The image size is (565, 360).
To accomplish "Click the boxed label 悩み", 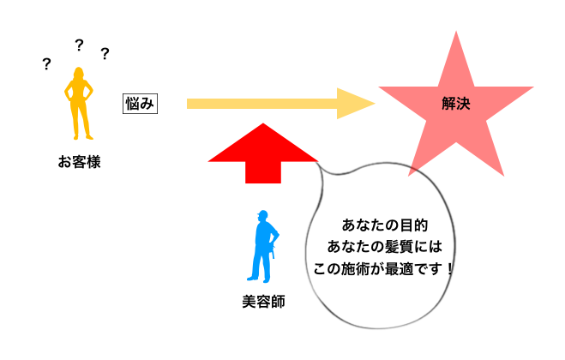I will pos(139,103).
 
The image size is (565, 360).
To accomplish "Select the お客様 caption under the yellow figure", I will pos(79,161).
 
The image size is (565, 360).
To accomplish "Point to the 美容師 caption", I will pos(263,303).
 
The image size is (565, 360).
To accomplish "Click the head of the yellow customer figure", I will pos(78,74).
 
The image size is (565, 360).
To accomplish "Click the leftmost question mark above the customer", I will pos(45,64).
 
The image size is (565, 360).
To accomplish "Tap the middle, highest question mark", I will pos(79,45).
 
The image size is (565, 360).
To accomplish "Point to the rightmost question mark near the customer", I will pos(105,55).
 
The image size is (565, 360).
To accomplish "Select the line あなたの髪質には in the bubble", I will pos(384,246).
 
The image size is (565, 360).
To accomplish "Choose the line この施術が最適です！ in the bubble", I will pos(384,267).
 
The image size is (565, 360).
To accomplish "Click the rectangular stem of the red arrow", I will pos(263,171).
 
